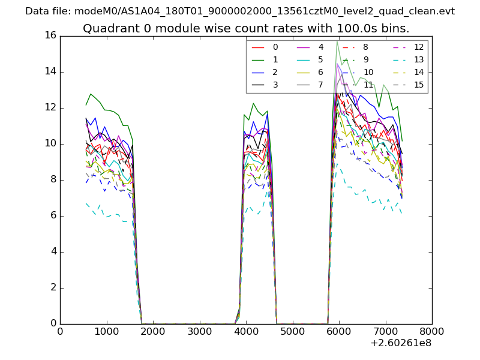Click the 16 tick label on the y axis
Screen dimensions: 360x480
coord(50,35)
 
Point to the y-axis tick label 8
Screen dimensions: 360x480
coord(53,179)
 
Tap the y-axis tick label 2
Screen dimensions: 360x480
coord(53,287)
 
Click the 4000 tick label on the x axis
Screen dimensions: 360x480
coord(246,331)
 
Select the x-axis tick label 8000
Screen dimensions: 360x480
coord(432,331)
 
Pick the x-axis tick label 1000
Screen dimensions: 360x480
coord(106,331)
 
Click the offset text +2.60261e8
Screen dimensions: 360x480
coord(401,343)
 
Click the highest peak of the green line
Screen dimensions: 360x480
coord(337,41)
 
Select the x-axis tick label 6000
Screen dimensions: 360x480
coord(339,331)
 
